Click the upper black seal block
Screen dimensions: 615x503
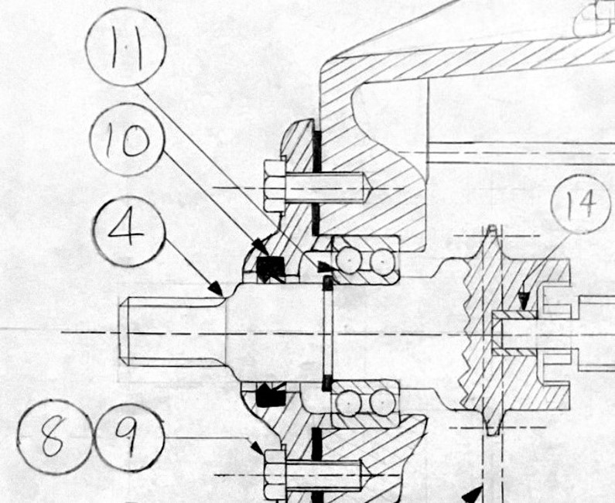pyautogui.click(x=271, y=268)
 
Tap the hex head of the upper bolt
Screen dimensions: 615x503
pyautogui.click(x=274, y=186)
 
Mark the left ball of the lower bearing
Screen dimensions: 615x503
pyautogui.click(x=349, y=403)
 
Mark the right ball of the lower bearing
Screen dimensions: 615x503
pyautogui.click(x=381, y=403)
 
